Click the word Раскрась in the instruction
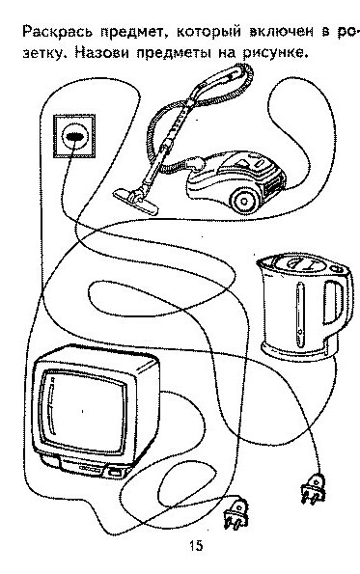(x=58, y=33)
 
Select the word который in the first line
(x=208, y=33)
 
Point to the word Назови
(x=101, y=53)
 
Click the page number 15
(x=196, y=546)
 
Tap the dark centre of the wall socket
(x=74, y=136)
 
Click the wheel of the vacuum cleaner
(x=243, y=201)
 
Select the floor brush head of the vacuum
(x=135, y=201)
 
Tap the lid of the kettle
(x=300, y=264)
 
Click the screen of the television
(x=85, y=412)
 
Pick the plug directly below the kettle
(x=313, y=489)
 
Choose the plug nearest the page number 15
(x=236, y=513)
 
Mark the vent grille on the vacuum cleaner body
(x=275, y=183)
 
